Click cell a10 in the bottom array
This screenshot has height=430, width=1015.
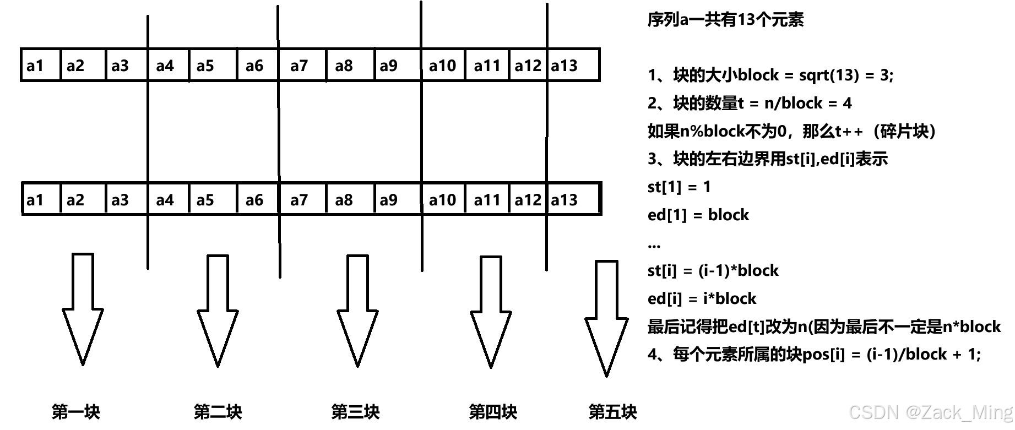click(443, 199)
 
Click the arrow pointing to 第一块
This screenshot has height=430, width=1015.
click(83, 308)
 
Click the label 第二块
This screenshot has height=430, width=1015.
click(218, 411)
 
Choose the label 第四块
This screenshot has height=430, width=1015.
click(493, 411)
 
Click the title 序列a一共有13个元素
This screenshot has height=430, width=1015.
click(725, 20)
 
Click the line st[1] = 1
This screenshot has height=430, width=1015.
click(679, 187)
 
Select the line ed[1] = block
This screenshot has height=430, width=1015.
click(698, 215)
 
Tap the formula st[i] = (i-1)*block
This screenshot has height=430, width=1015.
click(713, 270)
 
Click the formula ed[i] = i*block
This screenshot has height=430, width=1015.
click(702, 298)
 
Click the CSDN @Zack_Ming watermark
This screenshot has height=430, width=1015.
click(931, 412)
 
